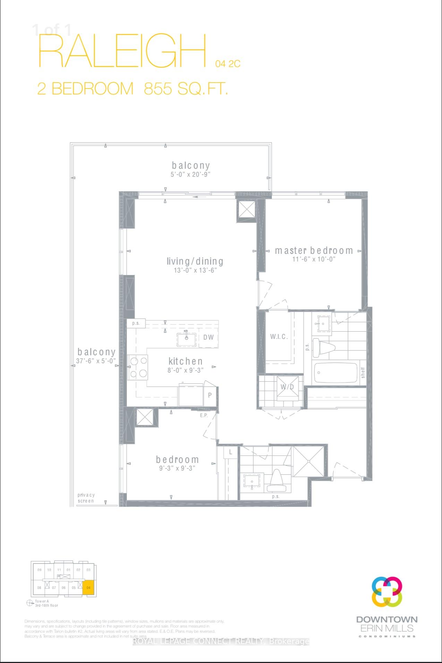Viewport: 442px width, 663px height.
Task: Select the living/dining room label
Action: click(195, 262)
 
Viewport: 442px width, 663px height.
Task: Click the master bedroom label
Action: click(314, 251)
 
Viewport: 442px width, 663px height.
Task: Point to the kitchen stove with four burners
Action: click(138, 367)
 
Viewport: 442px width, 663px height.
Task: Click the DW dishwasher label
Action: click(209, 337)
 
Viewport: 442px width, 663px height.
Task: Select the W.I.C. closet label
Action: click(279, 337)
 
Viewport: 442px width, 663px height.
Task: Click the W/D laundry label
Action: click(287, 387)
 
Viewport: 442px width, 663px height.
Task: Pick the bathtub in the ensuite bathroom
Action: click(335, 373)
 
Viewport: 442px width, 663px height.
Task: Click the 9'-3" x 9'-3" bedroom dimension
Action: click(177, 468)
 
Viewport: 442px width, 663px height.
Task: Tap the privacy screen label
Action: click(86, 498)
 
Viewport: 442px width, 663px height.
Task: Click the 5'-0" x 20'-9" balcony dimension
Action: click(191, 174)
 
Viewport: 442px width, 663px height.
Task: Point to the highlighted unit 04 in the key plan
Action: click(89, 588)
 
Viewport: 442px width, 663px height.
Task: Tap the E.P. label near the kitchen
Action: click(204, 415)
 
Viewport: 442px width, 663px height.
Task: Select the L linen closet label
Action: click(230, 452)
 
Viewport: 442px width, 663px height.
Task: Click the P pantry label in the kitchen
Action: click(210, 395)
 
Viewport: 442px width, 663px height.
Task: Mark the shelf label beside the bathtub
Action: click(363, 373)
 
